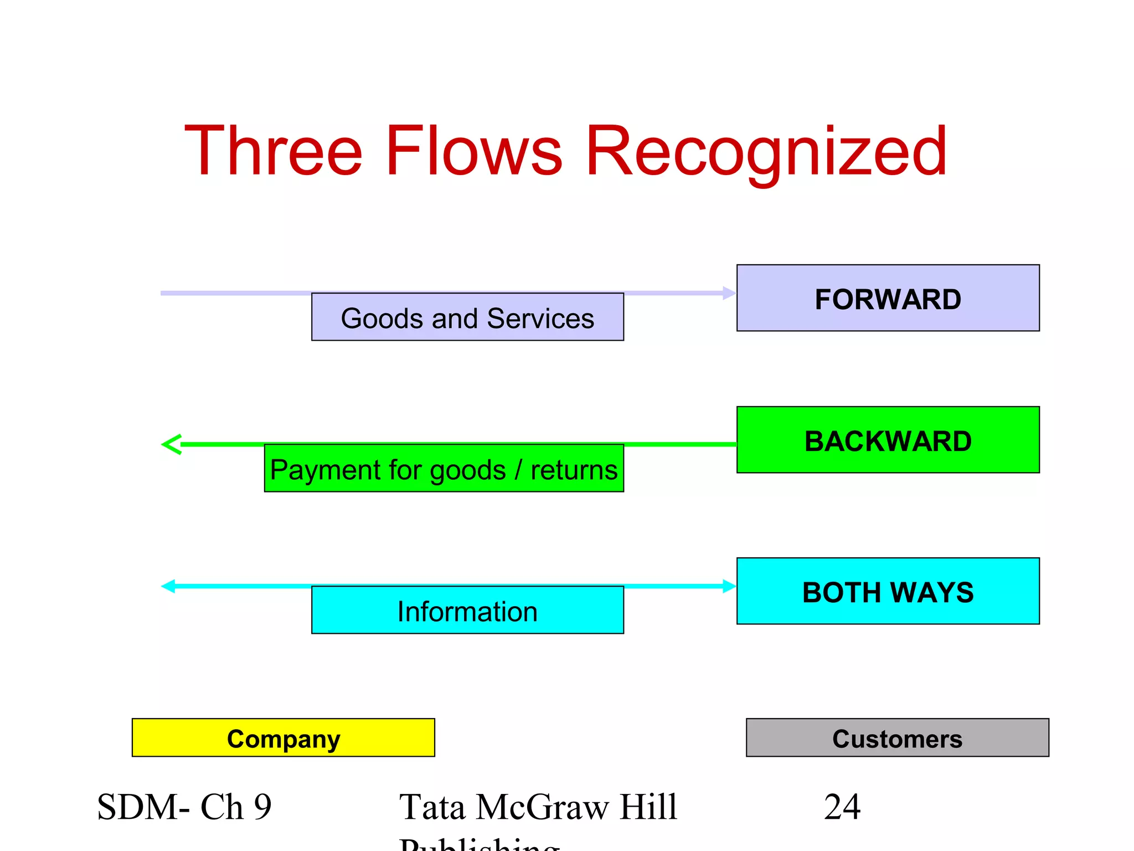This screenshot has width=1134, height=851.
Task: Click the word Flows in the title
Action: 474,151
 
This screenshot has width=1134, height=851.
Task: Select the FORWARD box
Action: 888,298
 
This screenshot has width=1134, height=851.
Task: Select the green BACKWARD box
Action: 888,440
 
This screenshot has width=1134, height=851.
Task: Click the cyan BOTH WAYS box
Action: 888,591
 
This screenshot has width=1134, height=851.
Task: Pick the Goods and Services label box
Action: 467,317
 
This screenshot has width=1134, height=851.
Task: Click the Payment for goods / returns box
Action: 444,469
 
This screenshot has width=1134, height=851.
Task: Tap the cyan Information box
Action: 467,611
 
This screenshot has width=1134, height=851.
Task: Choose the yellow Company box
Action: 283,738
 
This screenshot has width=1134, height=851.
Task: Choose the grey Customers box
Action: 897,738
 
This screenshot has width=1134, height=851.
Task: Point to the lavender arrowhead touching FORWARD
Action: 729,293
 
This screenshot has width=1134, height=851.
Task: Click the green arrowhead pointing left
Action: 171,444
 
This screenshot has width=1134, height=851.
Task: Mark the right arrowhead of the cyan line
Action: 729,586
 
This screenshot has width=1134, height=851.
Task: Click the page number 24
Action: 842,807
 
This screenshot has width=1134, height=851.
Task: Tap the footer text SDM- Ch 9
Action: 184,807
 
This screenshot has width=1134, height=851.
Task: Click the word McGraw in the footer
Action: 542,807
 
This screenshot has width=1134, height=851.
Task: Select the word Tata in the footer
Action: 432,807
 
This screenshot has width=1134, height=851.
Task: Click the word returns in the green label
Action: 574,470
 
